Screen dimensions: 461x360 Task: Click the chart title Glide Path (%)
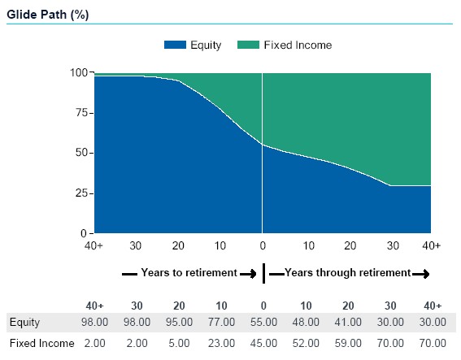tap(48, 15)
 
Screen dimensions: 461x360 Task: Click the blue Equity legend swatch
tap(175, 45)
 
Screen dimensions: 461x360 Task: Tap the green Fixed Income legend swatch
tap(248, 45)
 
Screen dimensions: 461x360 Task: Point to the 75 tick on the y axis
tap(82, 113)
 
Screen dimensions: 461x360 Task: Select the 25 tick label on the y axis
tap(82, 193)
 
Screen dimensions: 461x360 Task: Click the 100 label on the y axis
tap(79, 72)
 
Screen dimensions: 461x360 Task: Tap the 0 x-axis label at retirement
tap(263, 245)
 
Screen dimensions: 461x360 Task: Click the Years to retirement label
tap(189, 272)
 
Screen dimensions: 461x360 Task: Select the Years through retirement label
tap(347, 272)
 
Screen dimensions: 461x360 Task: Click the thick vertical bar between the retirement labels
tap(263, 273)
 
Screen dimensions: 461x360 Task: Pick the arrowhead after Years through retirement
tap(425, 274)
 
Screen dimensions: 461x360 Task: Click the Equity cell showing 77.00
tap(221, 322)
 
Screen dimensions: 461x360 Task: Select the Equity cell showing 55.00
tap(263, 322)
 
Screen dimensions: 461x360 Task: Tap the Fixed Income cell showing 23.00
tap(221, 343)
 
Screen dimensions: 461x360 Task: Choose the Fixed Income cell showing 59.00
tap(348, 343)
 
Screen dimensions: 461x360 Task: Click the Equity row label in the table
tap(24, 323)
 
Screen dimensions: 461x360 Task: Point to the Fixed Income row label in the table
tap(42, 343)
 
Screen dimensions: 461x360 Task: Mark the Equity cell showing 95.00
tap(179, 322)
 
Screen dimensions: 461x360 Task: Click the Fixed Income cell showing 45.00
tap(263, 343)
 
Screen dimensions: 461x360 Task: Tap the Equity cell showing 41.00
tap(348, 322)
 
